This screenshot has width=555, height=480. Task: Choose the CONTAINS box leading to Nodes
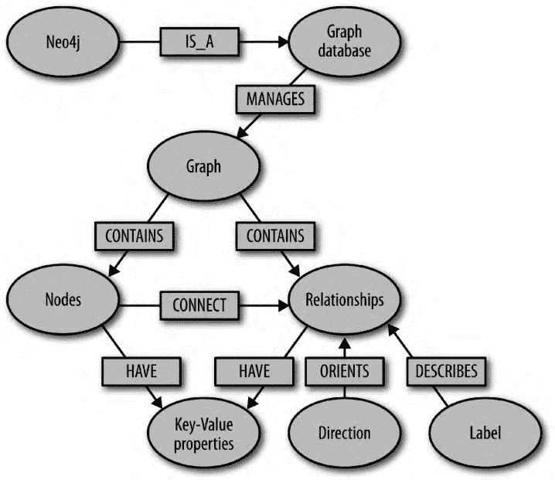pyautogui.click(x=134, y=235)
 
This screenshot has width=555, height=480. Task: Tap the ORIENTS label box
pyautogui.click(x=344, y=371)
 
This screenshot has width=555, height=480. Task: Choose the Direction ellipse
pyautogui.click(x=345, y=433)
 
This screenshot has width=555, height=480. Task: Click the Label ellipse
pyautogui.click(x=484, y=433)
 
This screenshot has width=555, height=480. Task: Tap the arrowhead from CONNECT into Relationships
pyautogui.click(x=279, y=305)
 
